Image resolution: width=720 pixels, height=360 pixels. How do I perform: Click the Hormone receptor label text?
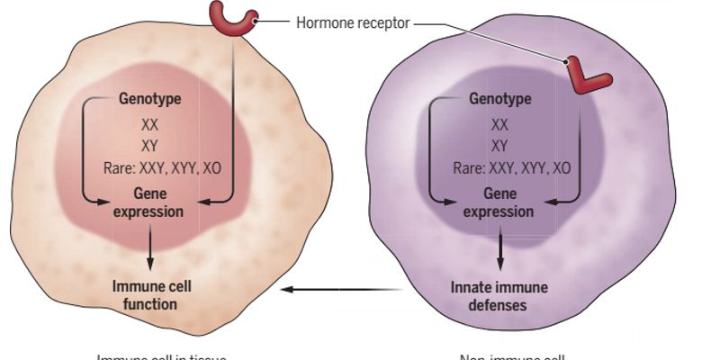coord(353,22)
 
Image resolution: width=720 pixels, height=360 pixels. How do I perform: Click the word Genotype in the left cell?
coord(150,99)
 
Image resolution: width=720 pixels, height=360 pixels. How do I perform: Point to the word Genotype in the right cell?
coord(500,99)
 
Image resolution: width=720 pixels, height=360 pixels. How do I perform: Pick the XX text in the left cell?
coord(150,125)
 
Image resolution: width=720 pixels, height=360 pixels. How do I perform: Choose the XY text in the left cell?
coord(150,146)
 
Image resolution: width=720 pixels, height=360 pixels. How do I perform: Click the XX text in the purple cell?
coord(500,125)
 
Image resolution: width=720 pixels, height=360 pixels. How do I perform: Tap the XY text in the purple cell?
coord(500,146)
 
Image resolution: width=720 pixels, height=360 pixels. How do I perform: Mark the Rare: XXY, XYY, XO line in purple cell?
coord(511,167)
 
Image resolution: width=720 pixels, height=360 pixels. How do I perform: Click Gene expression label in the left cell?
coord(150,202)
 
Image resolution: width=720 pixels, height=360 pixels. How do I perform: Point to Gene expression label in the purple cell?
coord(499,202)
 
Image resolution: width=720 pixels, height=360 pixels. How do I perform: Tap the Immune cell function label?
coord(151,295)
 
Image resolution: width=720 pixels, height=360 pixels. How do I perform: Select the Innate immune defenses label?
coord(500,295)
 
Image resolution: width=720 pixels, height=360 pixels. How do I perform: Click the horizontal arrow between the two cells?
coord(340,290)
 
